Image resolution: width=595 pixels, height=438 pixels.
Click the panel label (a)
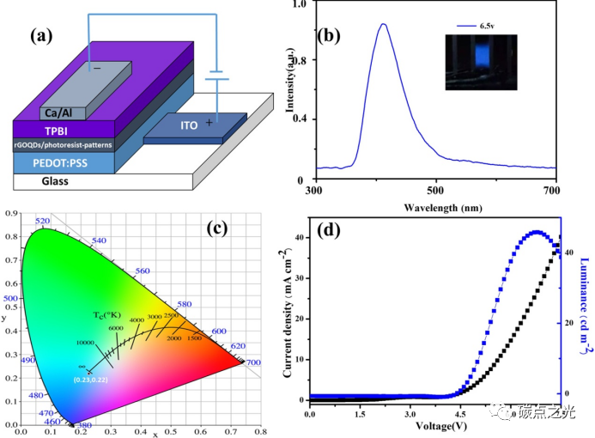coord(44,36)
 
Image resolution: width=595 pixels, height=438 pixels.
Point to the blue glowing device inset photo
coord(481,62)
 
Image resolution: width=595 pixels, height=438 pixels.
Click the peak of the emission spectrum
coord(383,24)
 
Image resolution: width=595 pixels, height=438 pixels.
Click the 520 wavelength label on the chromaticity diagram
coord(44,222)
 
